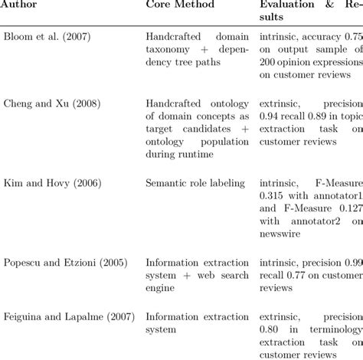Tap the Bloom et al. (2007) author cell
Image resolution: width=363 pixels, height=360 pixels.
coord(51,38)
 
